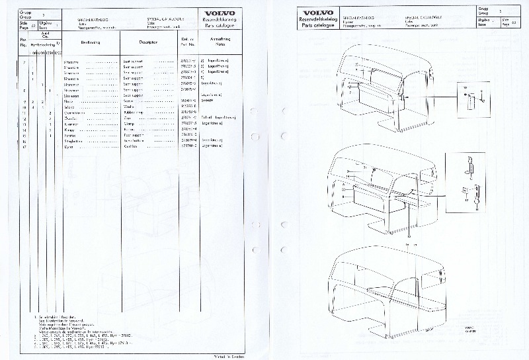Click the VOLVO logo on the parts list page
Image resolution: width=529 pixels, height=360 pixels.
pos(218,13)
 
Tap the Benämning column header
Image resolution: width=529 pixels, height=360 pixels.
pos(90,41)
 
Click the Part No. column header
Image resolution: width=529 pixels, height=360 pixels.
pos(187,41)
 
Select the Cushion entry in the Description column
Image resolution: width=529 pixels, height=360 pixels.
pos(130,146)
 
